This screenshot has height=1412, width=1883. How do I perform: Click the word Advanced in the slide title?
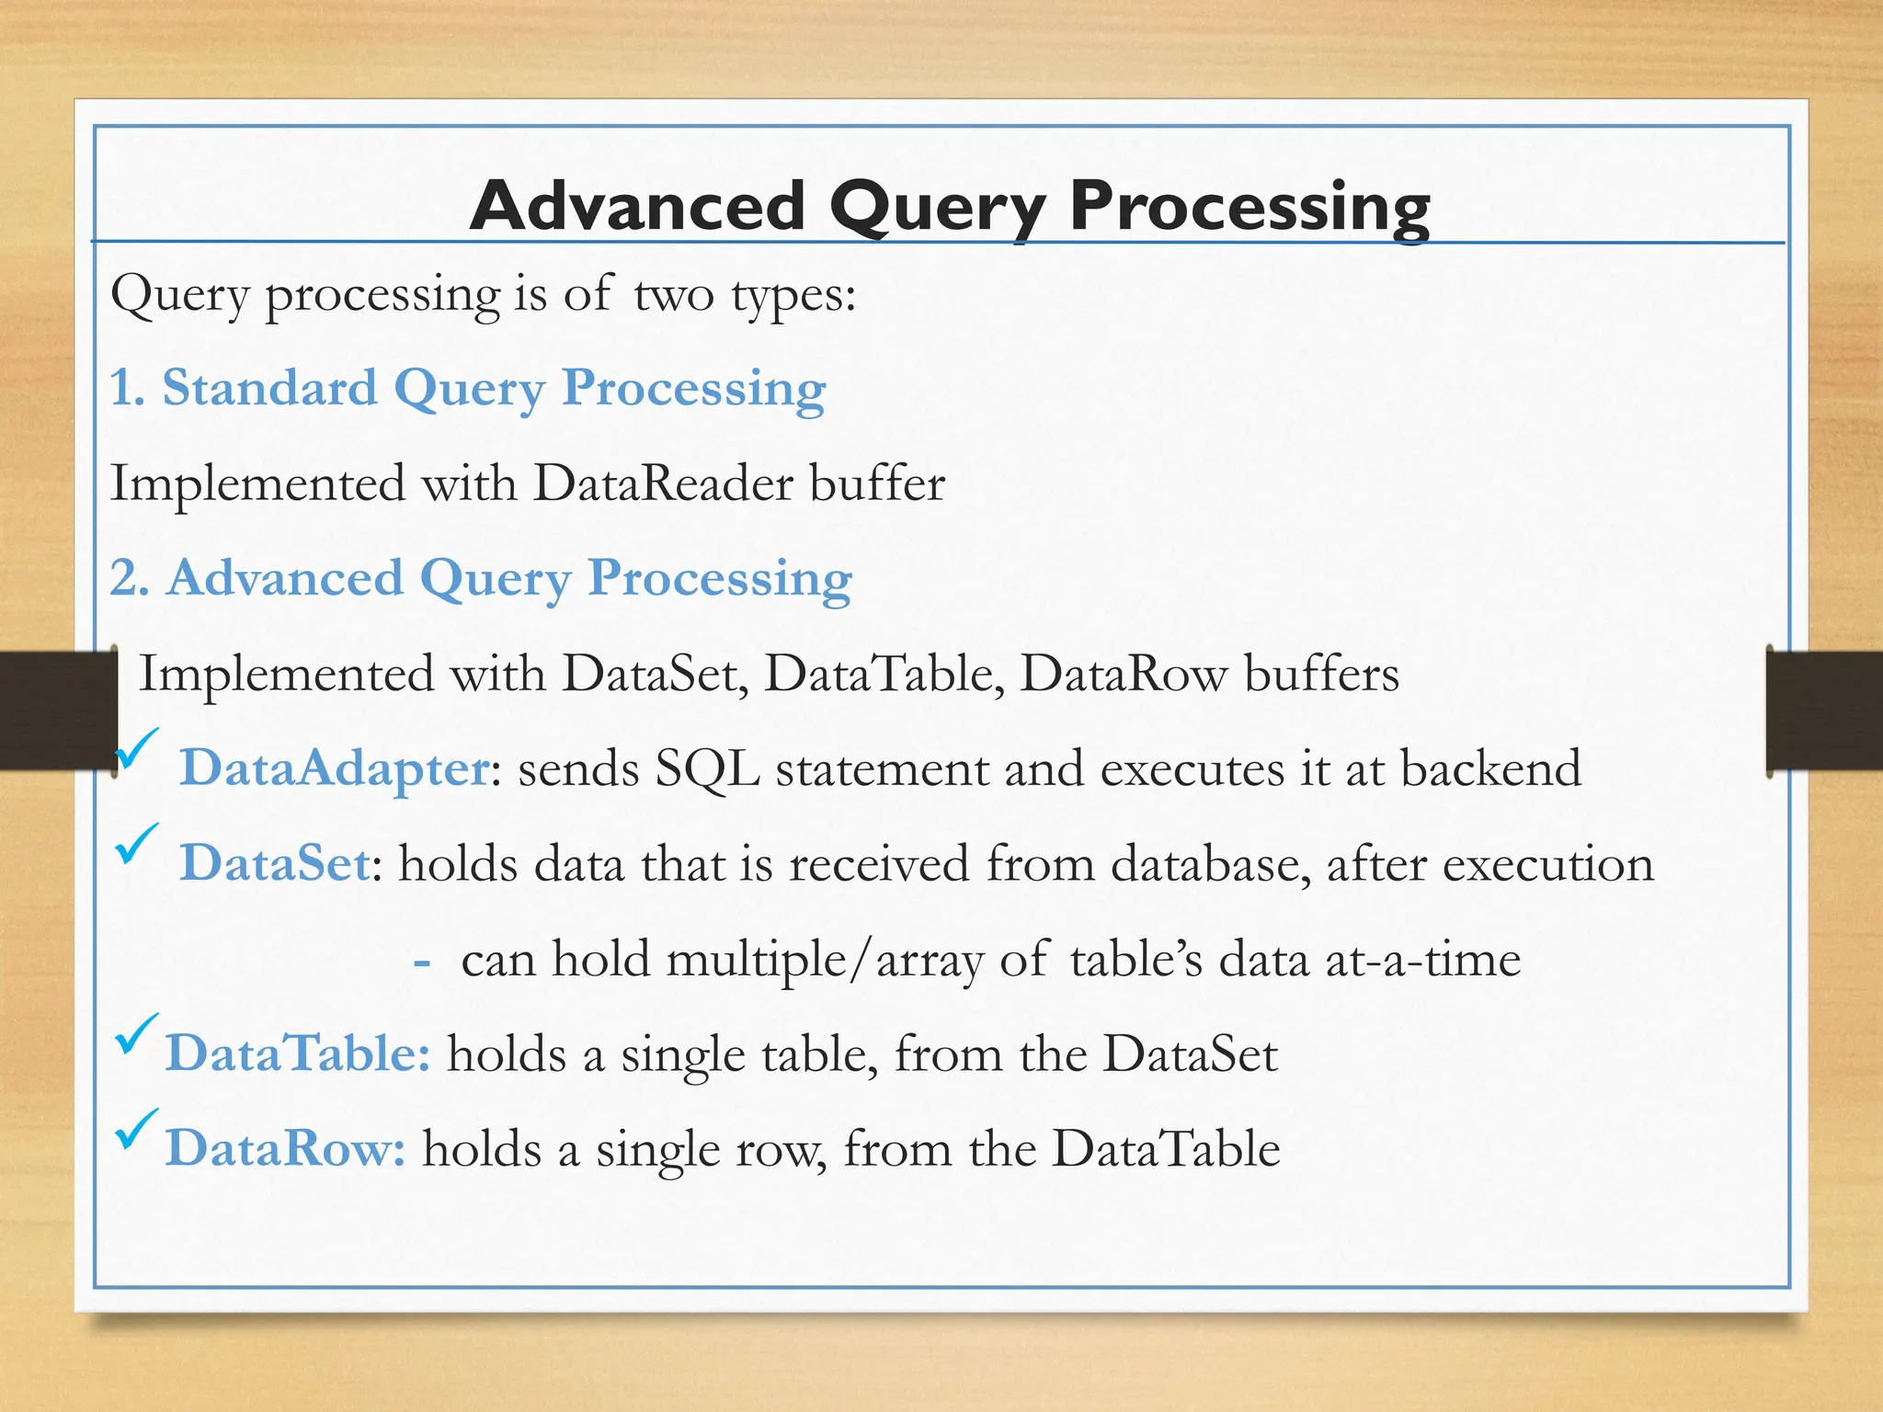point(637,206)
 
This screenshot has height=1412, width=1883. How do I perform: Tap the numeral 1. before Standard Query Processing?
point(128,388)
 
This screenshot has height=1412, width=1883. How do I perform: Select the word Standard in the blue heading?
point(269,388)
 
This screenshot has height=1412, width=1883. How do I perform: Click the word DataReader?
point(663,484)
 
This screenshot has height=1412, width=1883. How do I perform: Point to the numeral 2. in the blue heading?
point(130,578)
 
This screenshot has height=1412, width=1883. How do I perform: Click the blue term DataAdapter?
point(335,769)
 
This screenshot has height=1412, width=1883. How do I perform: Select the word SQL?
point(707,769)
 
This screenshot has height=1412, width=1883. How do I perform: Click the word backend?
point(1490,769)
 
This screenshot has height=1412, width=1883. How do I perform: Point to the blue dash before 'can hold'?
point(422,962)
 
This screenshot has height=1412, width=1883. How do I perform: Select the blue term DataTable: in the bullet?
point(297,1054)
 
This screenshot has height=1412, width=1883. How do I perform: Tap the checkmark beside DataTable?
point(136,1034)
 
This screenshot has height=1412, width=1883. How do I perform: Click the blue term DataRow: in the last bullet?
point(285,1149)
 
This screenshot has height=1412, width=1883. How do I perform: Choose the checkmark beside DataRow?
point(136,1130)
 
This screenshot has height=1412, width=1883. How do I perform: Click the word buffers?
point(1321,674)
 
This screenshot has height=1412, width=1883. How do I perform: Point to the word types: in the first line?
point(793,296)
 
